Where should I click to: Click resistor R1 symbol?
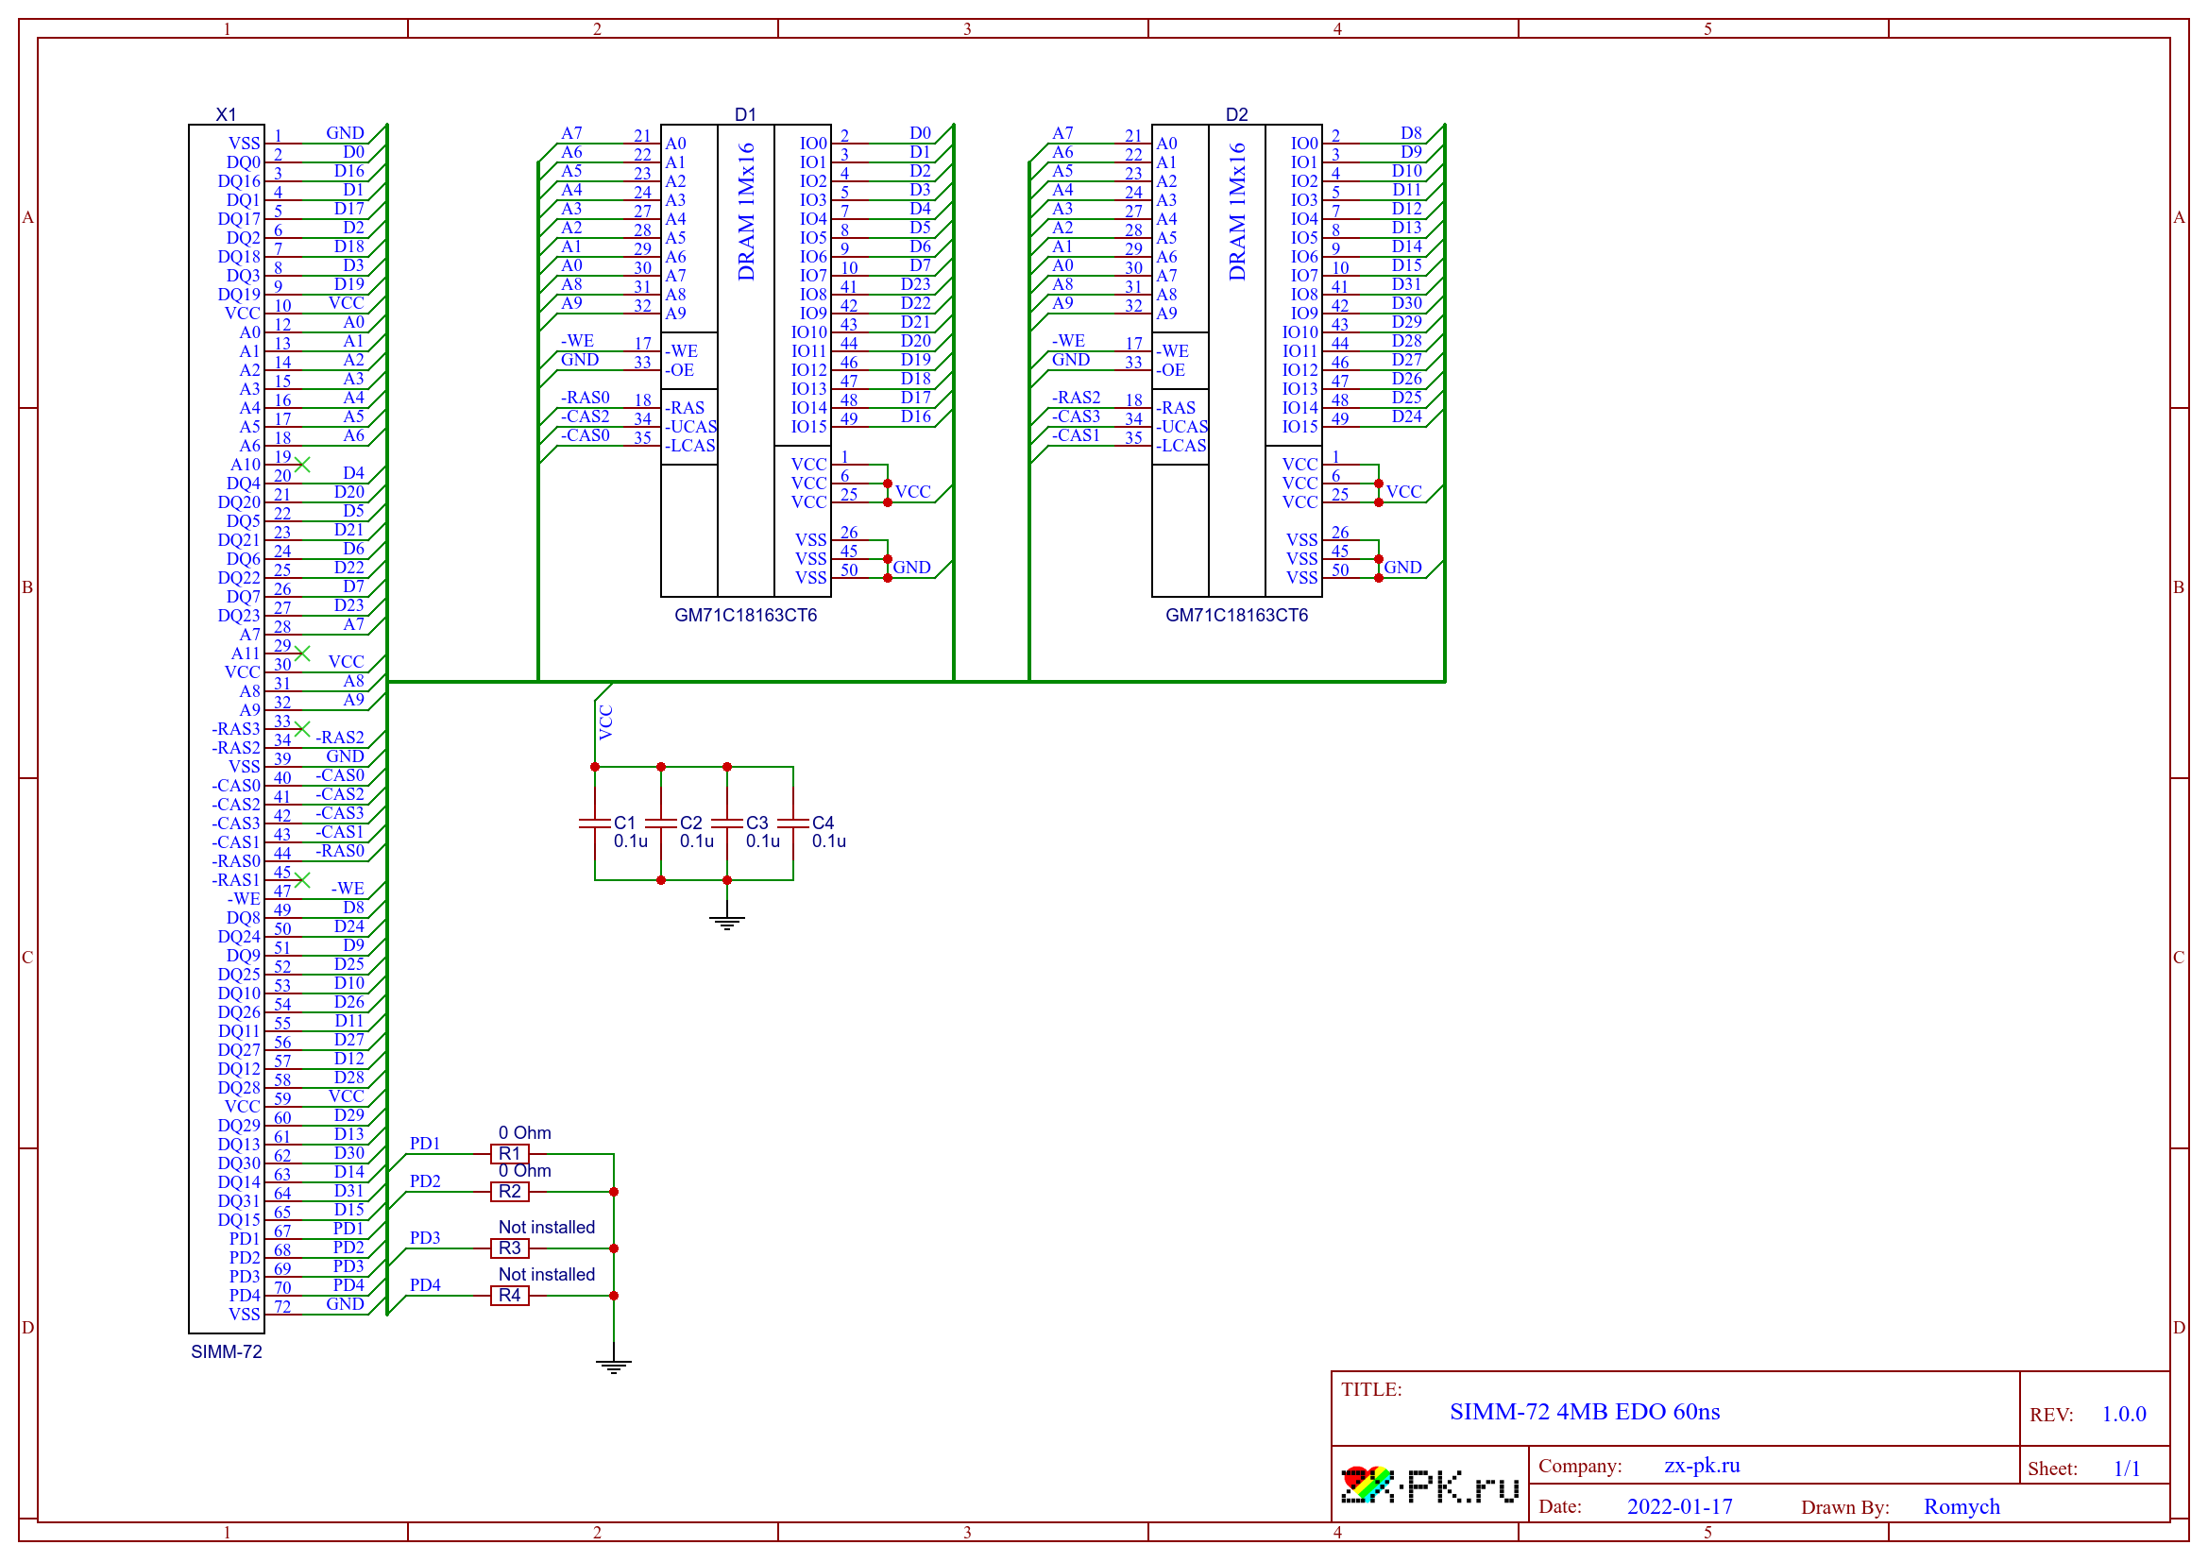[510, 1153]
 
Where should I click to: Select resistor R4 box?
[510, 1296]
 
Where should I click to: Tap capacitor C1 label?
[624, 823]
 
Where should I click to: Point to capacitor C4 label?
[823, 823]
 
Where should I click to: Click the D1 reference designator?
[745, 114]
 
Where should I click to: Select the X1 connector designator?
[226, 114]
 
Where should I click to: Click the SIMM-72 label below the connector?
[226, 1351]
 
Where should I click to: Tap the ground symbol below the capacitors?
[727, 923]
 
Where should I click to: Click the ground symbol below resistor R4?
[614, 1366]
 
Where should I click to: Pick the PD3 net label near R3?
[425, 1238]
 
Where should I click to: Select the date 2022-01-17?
[1679, 1506]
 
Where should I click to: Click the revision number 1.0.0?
[2123, 1414]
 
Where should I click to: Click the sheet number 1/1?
[2126, 1469]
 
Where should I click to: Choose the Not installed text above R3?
[546, 1228]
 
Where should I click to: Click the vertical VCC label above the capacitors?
[606, 722]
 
